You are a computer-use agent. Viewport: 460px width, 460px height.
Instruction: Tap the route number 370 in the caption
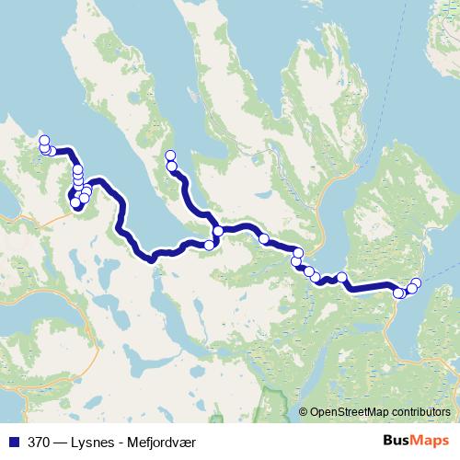[38, 440]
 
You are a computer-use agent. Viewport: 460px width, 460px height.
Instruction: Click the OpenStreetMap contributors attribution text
[382, 411]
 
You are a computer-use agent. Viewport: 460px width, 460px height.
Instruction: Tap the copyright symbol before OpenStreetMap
[304, 411]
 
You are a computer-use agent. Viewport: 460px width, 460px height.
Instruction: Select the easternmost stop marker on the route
[416, 282]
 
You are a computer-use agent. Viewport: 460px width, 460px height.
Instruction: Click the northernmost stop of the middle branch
[168, 155]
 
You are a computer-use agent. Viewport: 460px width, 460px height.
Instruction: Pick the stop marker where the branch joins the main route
[218, 231]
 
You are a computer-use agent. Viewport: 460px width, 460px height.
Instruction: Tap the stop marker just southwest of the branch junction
[210, 245]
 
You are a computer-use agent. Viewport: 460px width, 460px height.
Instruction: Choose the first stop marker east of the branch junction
[264, 239]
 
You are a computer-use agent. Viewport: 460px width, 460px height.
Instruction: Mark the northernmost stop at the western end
[43, 140]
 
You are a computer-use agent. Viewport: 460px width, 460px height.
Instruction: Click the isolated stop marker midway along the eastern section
[342, 277]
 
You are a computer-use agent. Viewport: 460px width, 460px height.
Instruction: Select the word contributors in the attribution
[420, 411]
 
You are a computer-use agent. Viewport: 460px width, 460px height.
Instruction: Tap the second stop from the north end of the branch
[171, 166]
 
